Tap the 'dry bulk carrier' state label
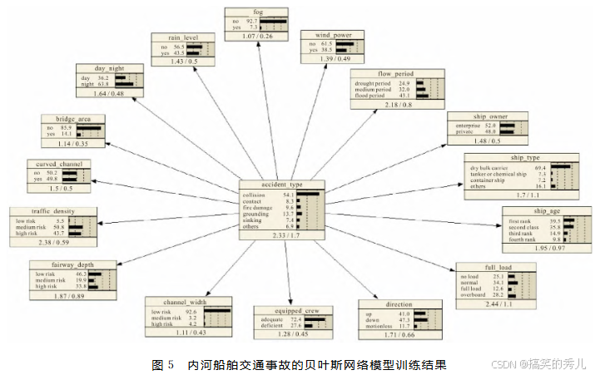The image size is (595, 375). pos(491,167)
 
